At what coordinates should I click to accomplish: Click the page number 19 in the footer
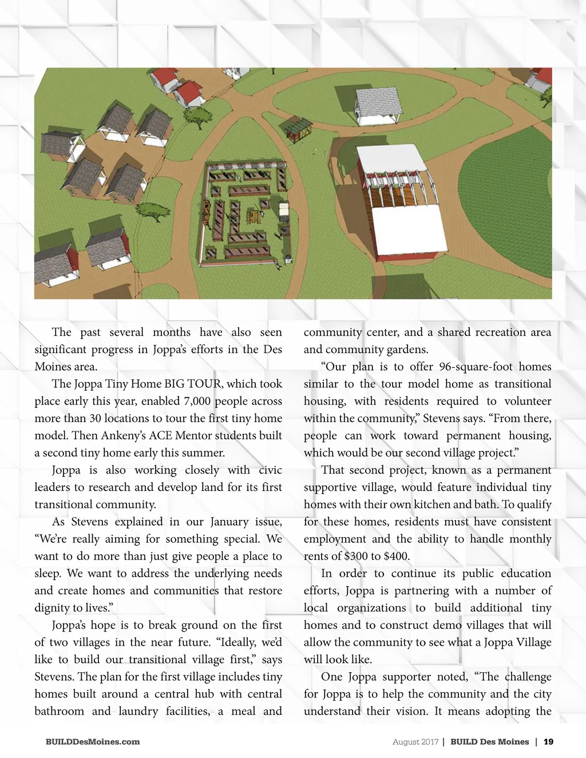point(548,742)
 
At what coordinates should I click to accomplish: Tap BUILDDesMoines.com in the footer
point(93,742)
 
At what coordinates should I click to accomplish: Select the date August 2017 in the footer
point(415,742)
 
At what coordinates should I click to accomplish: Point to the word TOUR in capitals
point(202,384)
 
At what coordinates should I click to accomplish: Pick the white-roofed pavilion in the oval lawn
point(378,103)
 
